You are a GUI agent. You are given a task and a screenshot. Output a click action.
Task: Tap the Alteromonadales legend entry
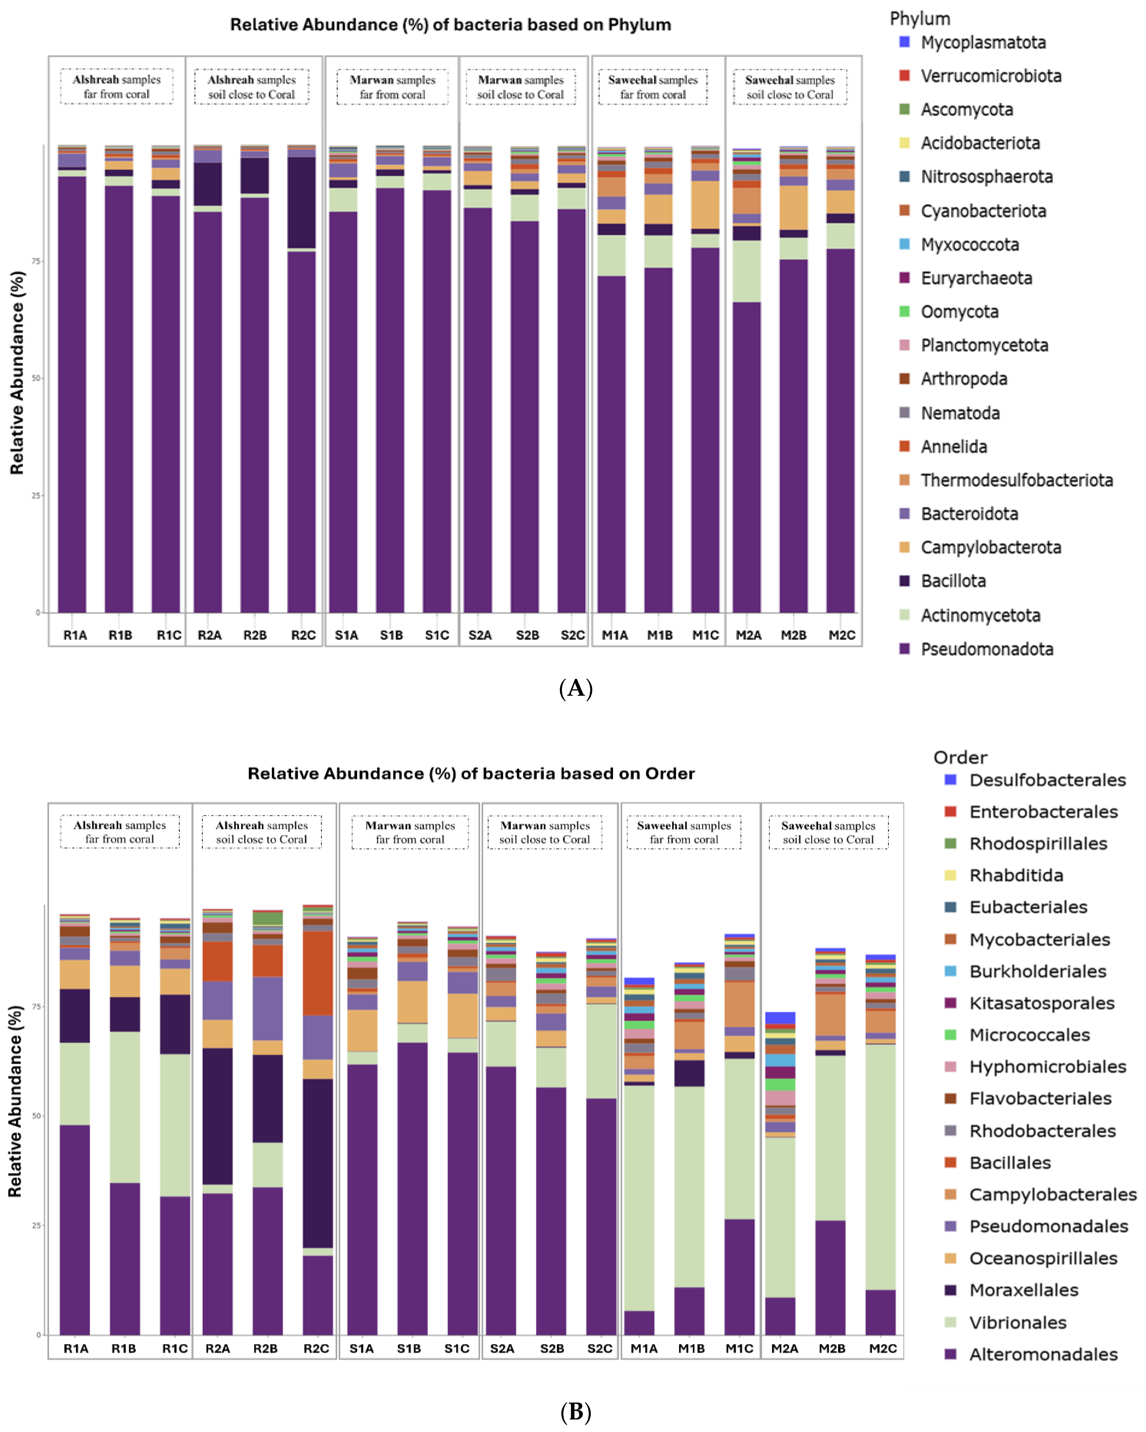[x=1043, y=1354]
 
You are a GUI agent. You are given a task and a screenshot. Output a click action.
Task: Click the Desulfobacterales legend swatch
[x=950, y=779]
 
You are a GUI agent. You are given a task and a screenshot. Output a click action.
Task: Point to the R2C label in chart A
[x=304, y=635]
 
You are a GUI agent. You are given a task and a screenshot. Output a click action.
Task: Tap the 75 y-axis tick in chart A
[x=36, y=261]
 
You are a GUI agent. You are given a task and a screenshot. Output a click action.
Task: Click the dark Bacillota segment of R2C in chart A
[x=302, y=203]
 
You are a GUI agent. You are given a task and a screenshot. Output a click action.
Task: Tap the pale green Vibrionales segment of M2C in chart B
[x=880, y=1169]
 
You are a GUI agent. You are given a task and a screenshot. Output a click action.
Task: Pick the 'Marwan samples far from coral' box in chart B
[x=410, y=832]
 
